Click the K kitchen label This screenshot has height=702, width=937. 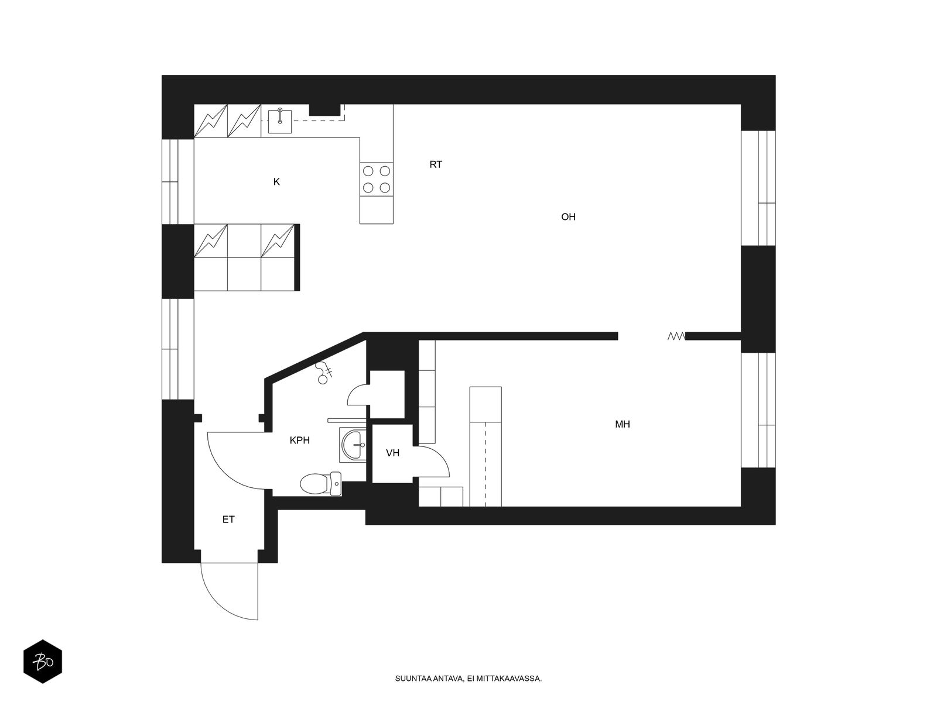click(276, 182)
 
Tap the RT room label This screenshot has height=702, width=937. click(436, 164)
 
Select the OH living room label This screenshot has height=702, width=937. click(568, 217)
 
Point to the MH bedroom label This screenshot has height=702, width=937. click(623, 424)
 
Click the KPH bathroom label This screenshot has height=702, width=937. click(300, 441)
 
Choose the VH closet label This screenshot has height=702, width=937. click(393, 453)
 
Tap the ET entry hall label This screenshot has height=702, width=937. click(228, 519)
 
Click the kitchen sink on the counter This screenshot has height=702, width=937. click(280, 122)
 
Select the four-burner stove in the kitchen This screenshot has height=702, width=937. click(376, 179)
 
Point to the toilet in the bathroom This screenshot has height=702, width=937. click(321, 484)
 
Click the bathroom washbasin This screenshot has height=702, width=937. click(353, 445)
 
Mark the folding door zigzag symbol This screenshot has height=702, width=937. click(676, 337)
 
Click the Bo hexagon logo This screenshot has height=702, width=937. click(43, 662)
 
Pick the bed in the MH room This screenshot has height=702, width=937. click(485, 447)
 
